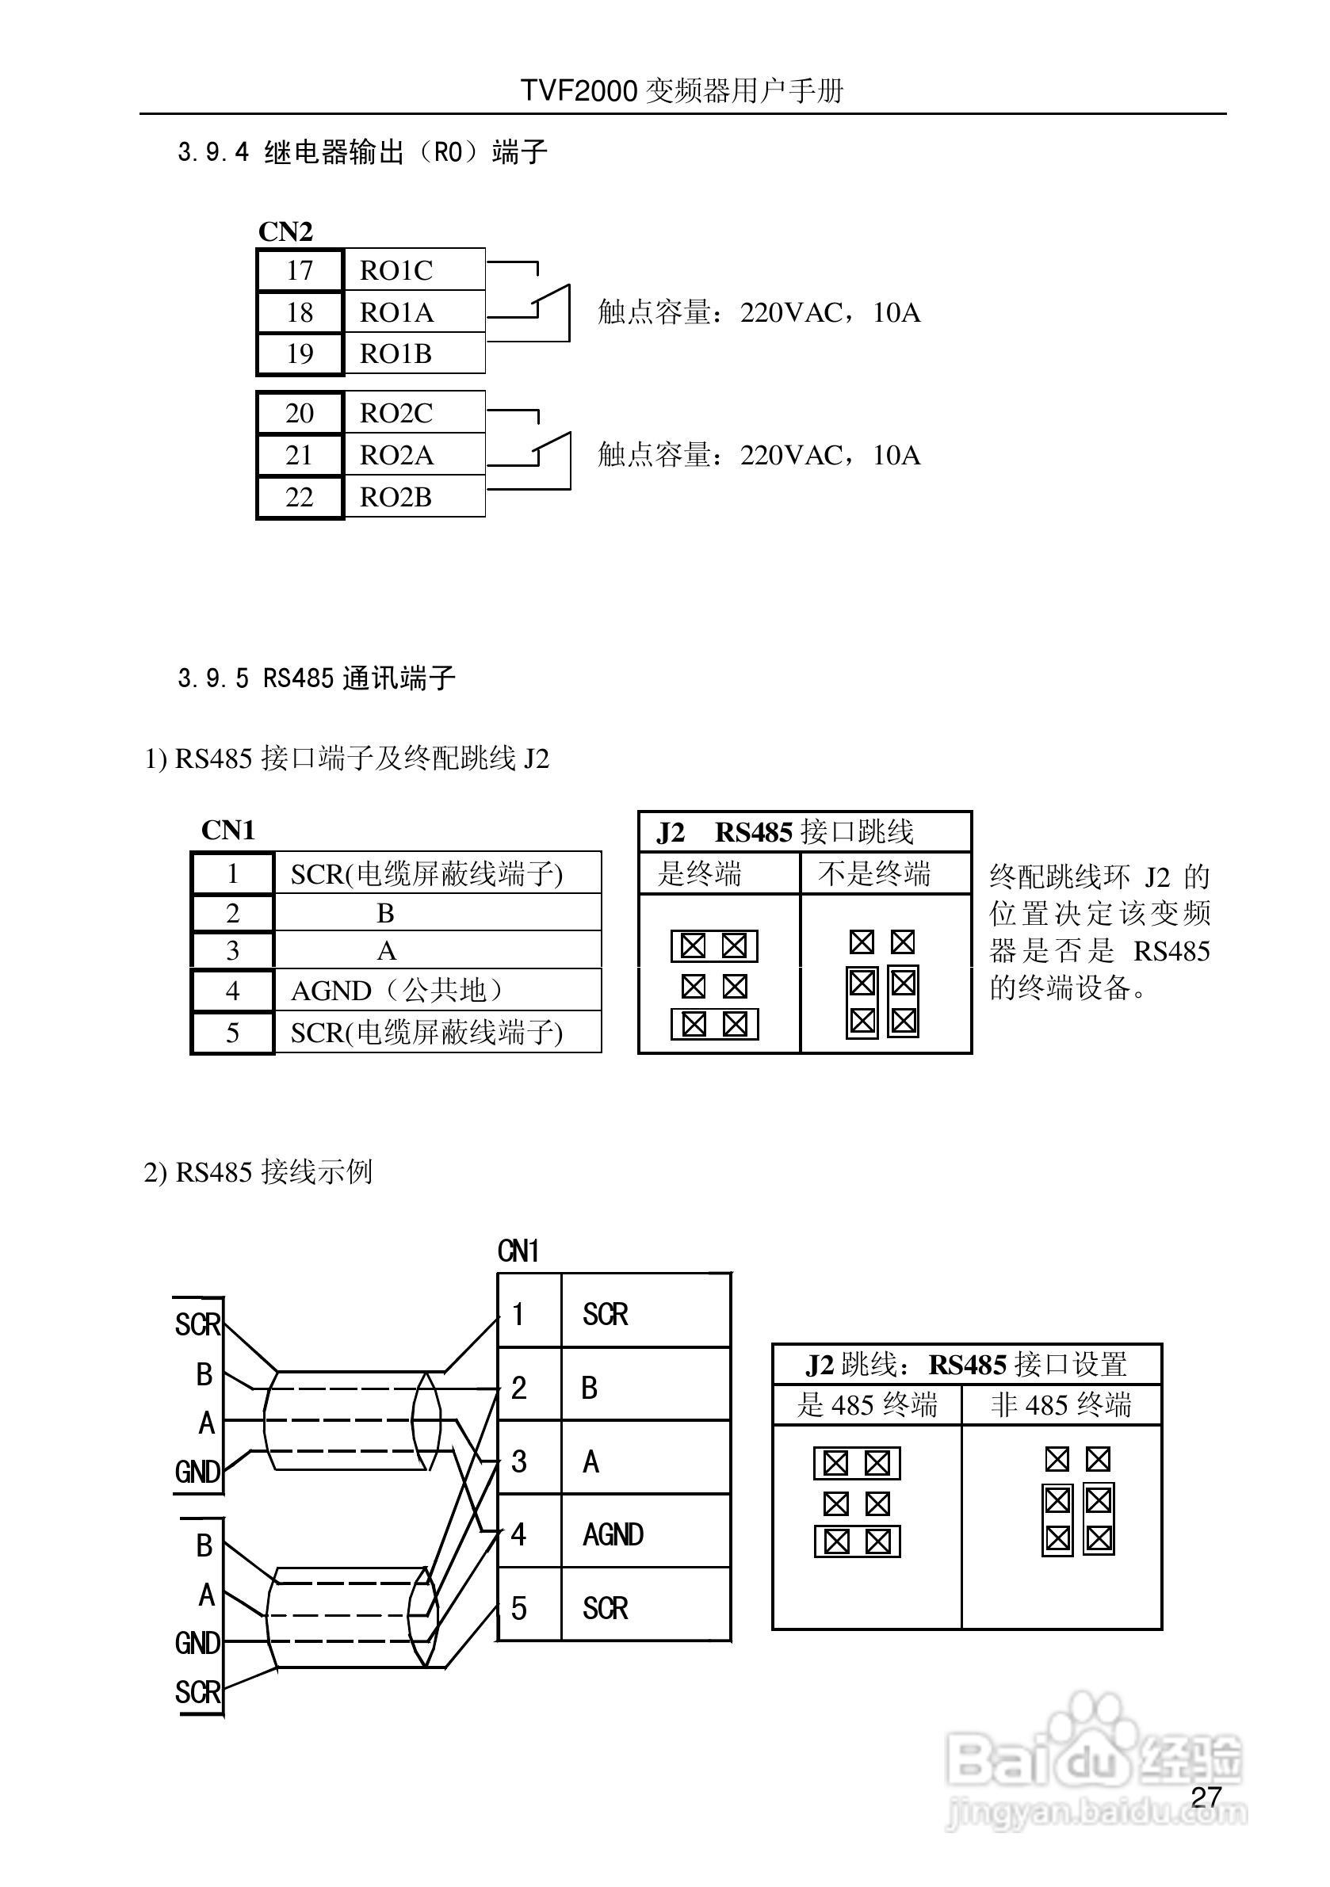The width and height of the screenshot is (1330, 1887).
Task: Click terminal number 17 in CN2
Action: coord(299,270)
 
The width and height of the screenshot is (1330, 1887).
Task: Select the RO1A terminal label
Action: coord(396,312)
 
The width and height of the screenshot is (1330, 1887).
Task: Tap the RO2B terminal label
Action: coord(396,497)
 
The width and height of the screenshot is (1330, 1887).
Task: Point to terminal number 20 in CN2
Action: coord(299,413)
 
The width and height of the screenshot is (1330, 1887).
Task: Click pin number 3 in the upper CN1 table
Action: coord(232,951)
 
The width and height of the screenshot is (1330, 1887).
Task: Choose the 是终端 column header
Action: coord(700,873)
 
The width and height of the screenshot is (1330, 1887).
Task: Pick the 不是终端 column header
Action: coord(874,873)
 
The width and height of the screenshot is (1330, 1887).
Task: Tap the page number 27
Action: coord(1206,1797)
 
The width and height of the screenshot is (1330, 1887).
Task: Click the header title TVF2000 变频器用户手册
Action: coord(682,90)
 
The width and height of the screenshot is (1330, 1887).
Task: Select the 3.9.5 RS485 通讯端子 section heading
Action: coord(316,678)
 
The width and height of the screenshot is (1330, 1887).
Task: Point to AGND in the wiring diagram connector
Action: coord(613,1534)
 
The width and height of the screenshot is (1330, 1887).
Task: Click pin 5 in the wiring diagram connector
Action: coord(518,1608)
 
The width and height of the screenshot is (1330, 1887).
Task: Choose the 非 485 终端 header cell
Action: coord(1061,1404)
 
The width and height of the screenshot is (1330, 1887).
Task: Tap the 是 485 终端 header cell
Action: coord(867,1404)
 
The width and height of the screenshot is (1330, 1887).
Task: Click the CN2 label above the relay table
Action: coord(285,231)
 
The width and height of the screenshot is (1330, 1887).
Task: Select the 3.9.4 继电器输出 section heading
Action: coord(362,152)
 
